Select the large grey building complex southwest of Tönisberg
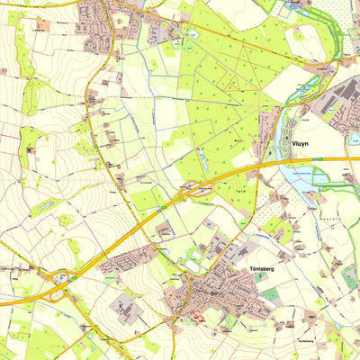[x=126, y=311]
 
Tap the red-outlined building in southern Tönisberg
[x=198, y=316]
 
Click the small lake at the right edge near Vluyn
[x=355, y=138]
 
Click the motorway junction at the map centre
[x=190, y=189]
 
